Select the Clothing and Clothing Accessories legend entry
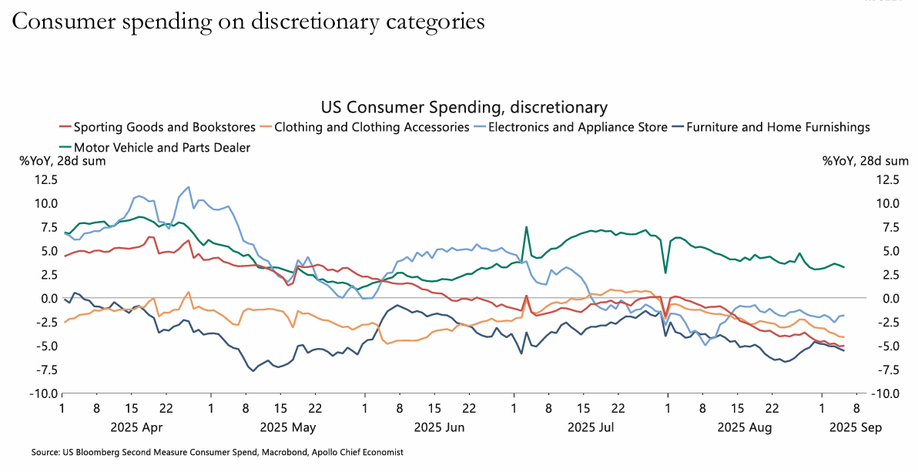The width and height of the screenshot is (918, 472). tap(371, 127)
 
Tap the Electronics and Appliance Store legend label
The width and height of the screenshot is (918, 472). tap(578, 127)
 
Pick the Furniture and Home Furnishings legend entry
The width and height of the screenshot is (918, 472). tap(778, 127)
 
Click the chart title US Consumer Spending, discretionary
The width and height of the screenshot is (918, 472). tap(464, 107)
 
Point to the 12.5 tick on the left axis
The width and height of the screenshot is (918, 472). tap(44, 179)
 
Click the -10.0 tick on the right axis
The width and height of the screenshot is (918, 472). tap(886, 393)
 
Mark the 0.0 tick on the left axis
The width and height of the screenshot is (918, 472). tap(48, 298)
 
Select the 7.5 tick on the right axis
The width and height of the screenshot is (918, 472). tap(888, 227)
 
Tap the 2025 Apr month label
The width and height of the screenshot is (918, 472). tap(136, 425)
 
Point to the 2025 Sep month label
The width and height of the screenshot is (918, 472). tap(855, 425)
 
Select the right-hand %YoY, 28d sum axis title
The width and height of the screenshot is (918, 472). tap(865, 161)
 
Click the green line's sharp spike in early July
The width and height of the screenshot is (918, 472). tap(527, 227)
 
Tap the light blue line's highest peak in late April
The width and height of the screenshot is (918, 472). tap(188, 186)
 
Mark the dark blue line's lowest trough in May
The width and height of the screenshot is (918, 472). tap(253, 370)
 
